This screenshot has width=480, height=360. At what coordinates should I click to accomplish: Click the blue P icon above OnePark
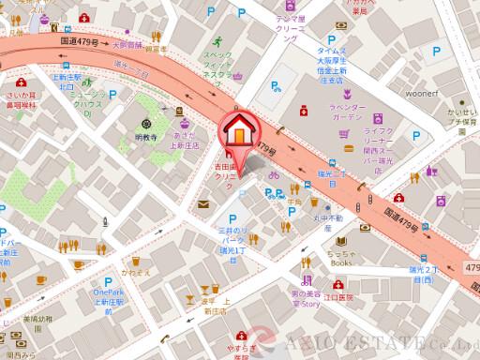(x=109, y=280)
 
